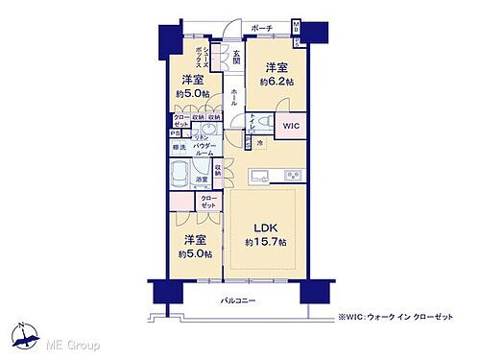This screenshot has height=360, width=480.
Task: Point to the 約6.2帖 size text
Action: click(277, 82)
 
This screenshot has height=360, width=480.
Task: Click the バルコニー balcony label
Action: click(236, 300)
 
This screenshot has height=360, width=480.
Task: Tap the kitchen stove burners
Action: click(291, 176)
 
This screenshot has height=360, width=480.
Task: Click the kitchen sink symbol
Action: click(260, 176)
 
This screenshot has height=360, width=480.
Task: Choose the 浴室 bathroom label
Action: click(203, 179)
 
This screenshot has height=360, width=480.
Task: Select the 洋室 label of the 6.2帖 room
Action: click(276, 67)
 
